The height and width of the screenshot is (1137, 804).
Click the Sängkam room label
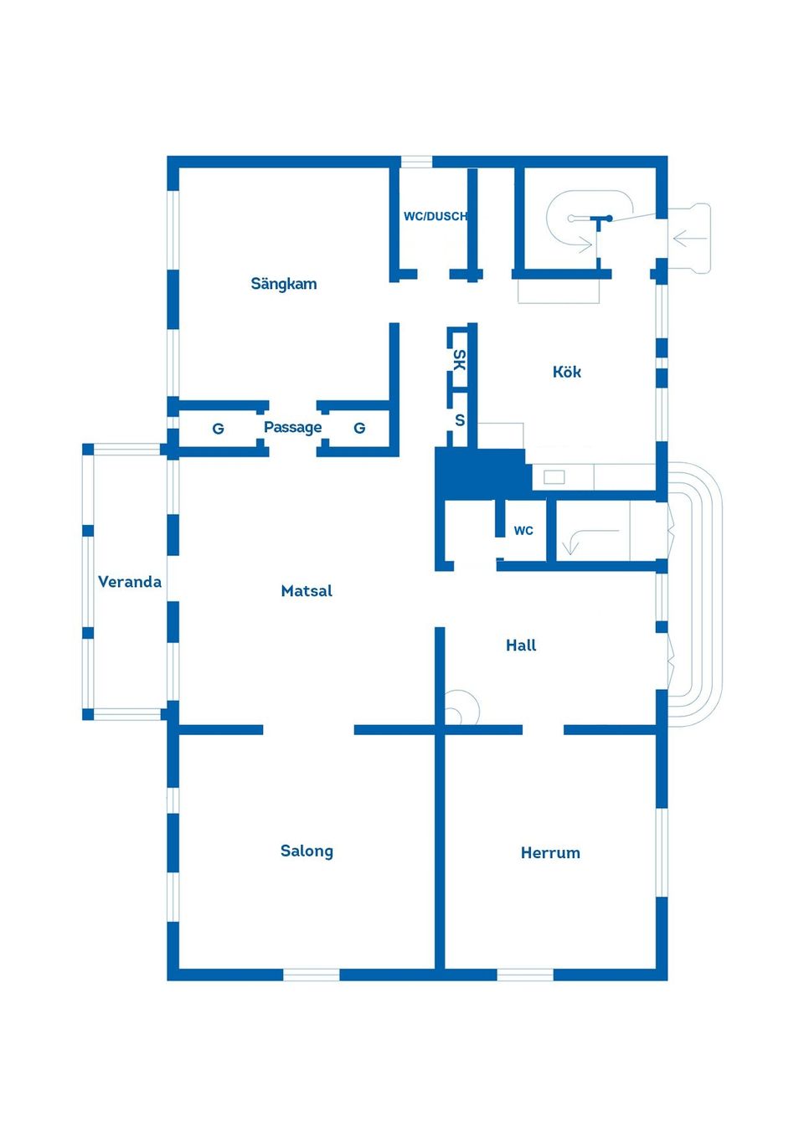(x=284, y=284)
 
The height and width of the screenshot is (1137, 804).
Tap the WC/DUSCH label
(x=435, y=216)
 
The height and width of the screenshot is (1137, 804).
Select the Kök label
(x=567, y=372)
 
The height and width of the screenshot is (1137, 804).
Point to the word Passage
(x=292, y=427)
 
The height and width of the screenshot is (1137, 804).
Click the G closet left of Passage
(x=218, y=429)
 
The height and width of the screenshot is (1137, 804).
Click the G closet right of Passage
(x=359, y=428)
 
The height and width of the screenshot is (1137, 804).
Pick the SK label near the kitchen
(x=459, y=360)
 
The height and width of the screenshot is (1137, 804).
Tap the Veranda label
(x=130, y=581)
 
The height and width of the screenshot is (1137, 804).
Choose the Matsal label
(x=307, y=590)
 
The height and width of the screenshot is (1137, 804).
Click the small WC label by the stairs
(x=523, y=530)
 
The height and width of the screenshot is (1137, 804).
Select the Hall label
(x=521, y=645)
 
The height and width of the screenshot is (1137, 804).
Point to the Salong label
(x=307, y=851)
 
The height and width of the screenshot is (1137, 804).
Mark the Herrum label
(x=550, y=852)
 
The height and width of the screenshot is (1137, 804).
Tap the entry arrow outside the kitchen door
(x=689, y=239)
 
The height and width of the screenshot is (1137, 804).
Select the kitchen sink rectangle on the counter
(x=554, y=476)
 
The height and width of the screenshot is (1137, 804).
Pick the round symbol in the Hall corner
(x=459, y=708)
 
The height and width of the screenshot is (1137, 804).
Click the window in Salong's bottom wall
(x=311, y=975)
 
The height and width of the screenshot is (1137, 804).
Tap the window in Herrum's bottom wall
(x=525, y=975)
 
